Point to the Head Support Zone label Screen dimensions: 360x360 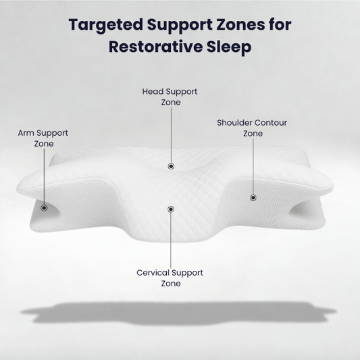click(170, 97)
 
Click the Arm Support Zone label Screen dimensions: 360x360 click(43, 138)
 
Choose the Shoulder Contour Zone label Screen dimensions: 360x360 click(252, 128)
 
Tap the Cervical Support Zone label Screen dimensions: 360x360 click(170, 278)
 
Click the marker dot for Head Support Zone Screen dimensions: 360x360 click(171, 165)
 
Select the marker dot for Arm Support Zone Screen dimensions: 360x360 click(44, 207)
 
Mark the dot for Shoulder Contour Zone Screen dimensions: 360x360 click(253, 198)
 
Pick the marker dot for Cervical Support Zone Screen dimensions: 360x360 click(171, 209)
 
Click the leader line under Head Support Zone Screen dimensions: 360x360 click(171, 135)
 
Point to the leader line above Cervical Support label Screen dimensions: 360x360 click(171, 240)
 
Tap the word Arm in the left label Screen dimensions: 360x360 click(26, 133)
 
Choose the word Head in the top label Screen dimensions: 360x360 click(153, 91)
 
